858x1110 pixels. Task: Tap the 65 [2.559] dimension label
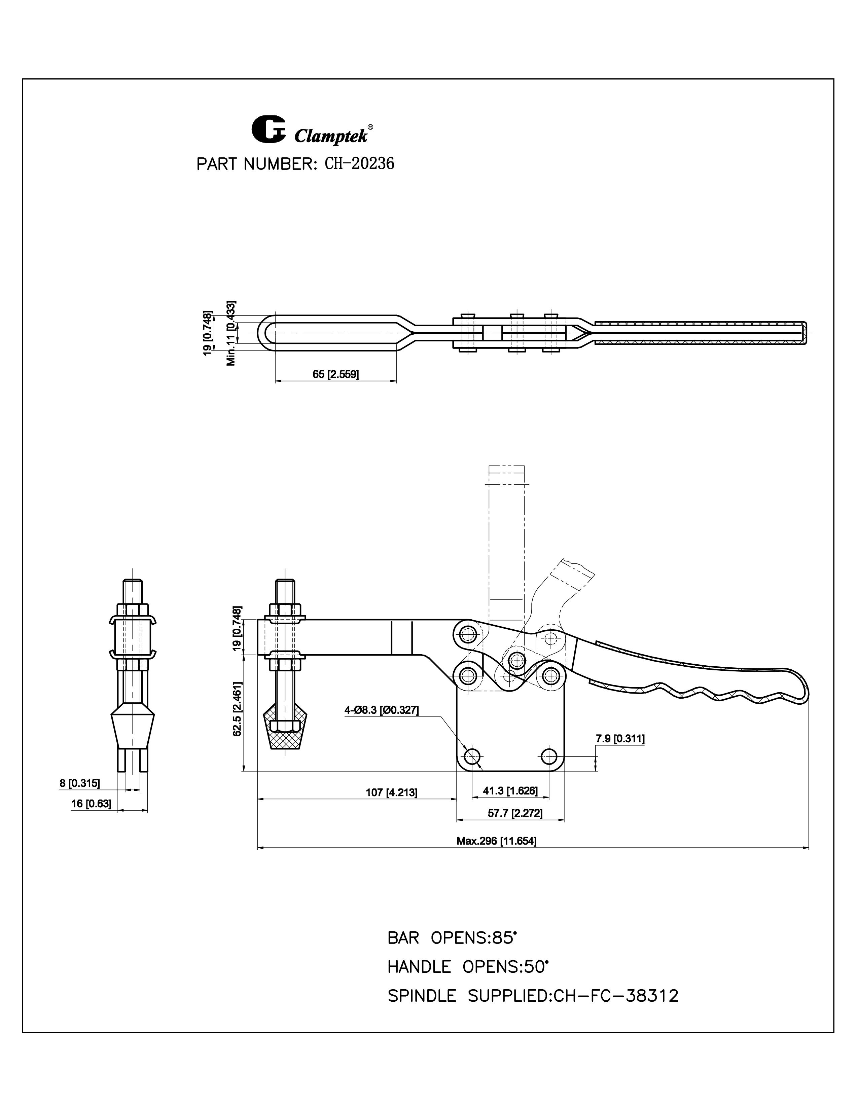pyautogui.click(x=335, y=375)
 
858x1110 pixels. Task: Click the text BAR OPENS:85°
pyautogui.click(x=452, y=938)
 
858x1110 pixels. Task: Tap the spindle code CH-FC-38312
pyautogui.click(x=615, y=996)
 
